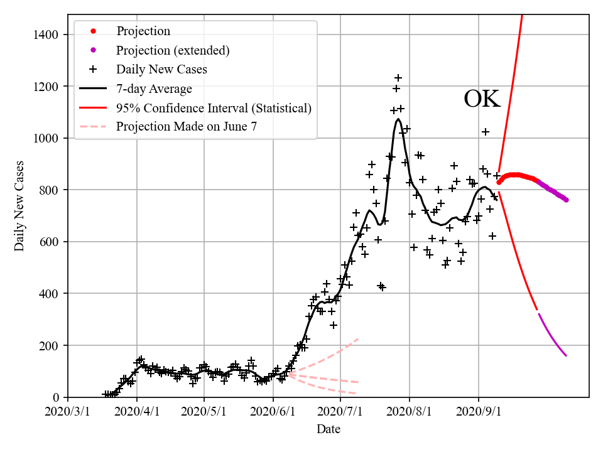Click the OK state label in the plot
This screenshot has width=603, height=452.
coord(482,99)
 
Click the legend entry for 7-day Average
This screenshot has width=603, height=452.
coord(154,89)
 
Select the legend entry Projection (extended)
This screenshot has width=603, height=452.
coord(173,50)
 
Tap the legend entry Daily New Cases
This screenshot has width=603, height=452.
coord(161,69)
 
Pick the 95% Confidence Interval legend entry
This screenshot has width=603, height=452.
coord(214,108)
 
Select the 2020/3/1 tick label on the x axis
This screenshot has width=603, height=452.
coord(68,412)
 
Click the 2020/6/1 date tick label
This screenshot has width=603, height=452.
coord(273,412)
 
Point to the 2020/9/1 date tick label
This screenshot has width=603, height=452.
coord(479,412)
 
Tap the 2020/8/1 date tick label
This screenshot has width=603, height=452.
coord(410,412)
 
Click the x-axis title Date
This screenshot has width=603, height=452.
coord(329,429)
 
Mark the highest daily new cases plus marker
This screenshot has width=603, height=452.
coord(398,78)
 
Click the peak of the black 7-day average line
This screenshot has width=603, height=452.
coord(398,119)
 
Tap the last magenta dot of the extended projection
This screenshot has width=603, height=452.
coord(566,200)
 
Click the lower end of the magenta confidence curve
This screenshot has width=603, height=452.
coord(566,356)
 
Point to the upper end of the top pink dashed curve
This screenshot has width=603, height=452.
coord(358,339)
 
